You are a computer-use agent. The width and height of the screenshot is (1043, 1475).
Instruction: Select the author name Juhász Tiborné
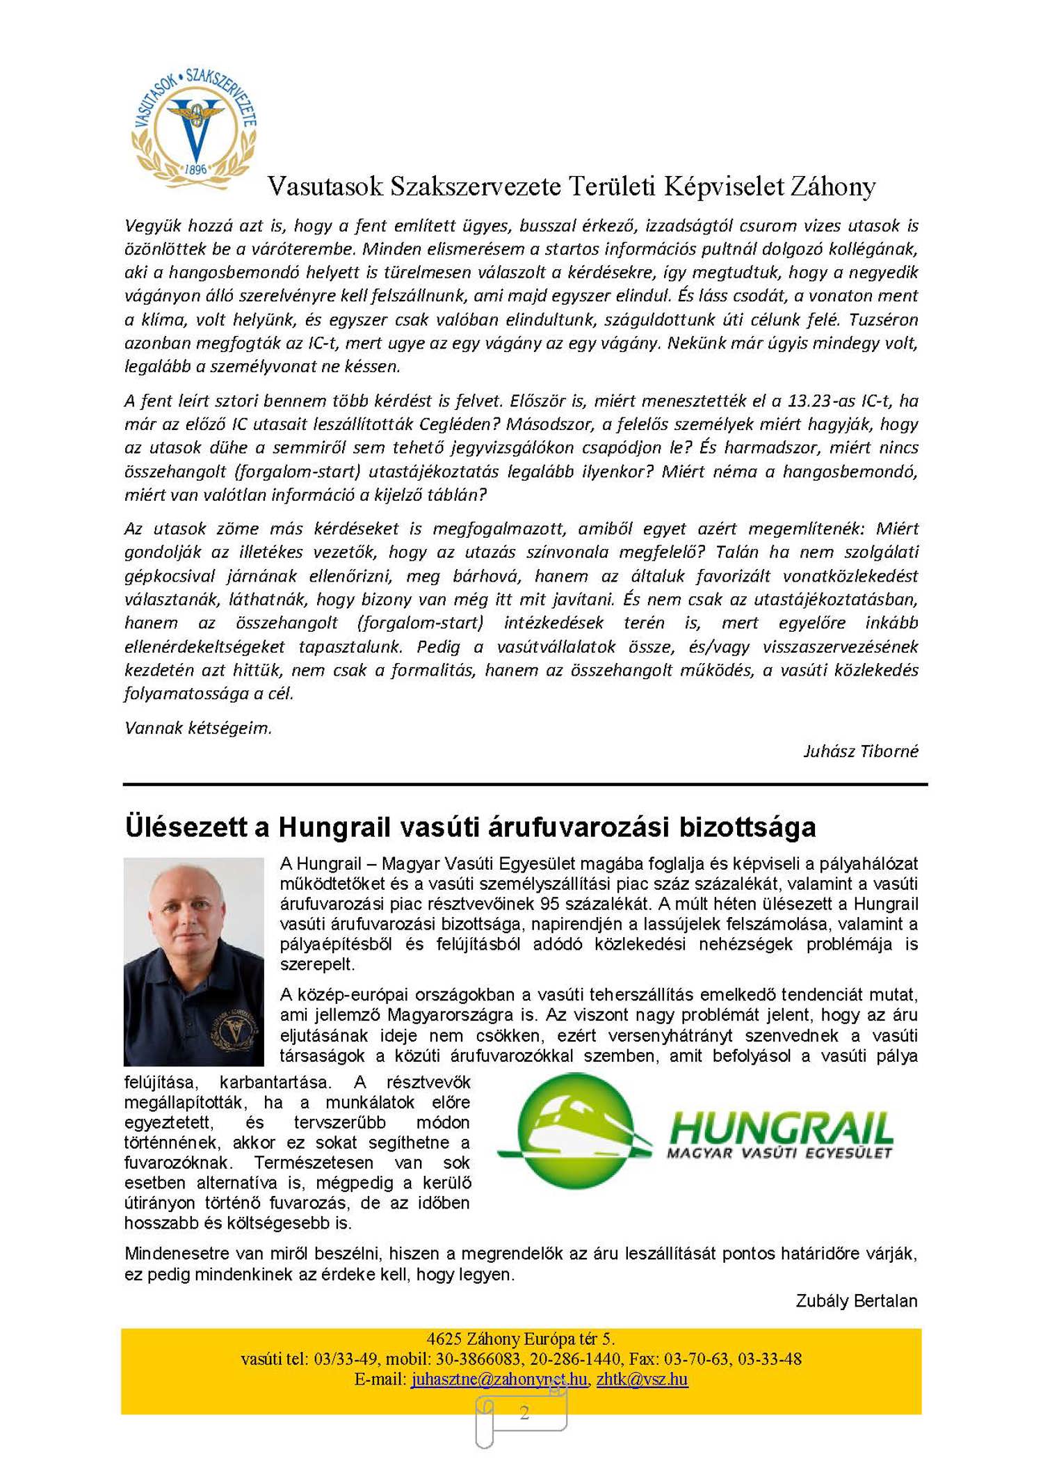(860, 751)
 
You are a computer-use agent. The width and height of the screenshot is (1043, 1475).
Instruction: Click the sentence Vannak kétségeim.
(198, 728)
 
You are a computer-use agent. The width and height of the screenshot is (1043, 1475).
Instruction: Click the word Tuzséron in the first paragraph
(883, 319)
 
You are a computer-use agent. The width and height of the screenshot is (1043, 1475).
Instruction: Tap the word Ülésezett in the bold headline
(186, 827)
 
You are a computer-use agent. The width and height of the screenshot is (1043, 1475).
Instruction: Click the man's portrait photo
(194, 961)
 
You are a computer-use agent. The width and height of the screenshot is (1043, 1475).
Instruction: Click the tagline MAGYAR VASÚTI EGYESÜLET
(779, 1154)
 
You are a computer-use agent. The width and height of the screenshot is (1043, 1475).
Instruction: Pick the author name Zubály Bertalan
(856, 1301)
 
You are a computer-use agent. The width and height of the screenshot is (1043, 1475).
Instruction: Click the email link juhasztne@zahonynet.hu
(499, 1379)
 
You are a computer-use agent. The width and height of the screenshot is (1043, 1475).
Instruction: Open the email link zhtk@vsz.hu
(642, 1379)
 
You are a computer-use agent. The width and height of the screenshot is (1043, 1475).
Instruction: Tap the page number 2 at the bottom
(524, 1412)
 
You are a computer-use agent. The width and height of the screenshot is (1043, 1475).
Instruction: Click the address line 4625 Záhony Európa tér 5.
(521, 1339)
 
